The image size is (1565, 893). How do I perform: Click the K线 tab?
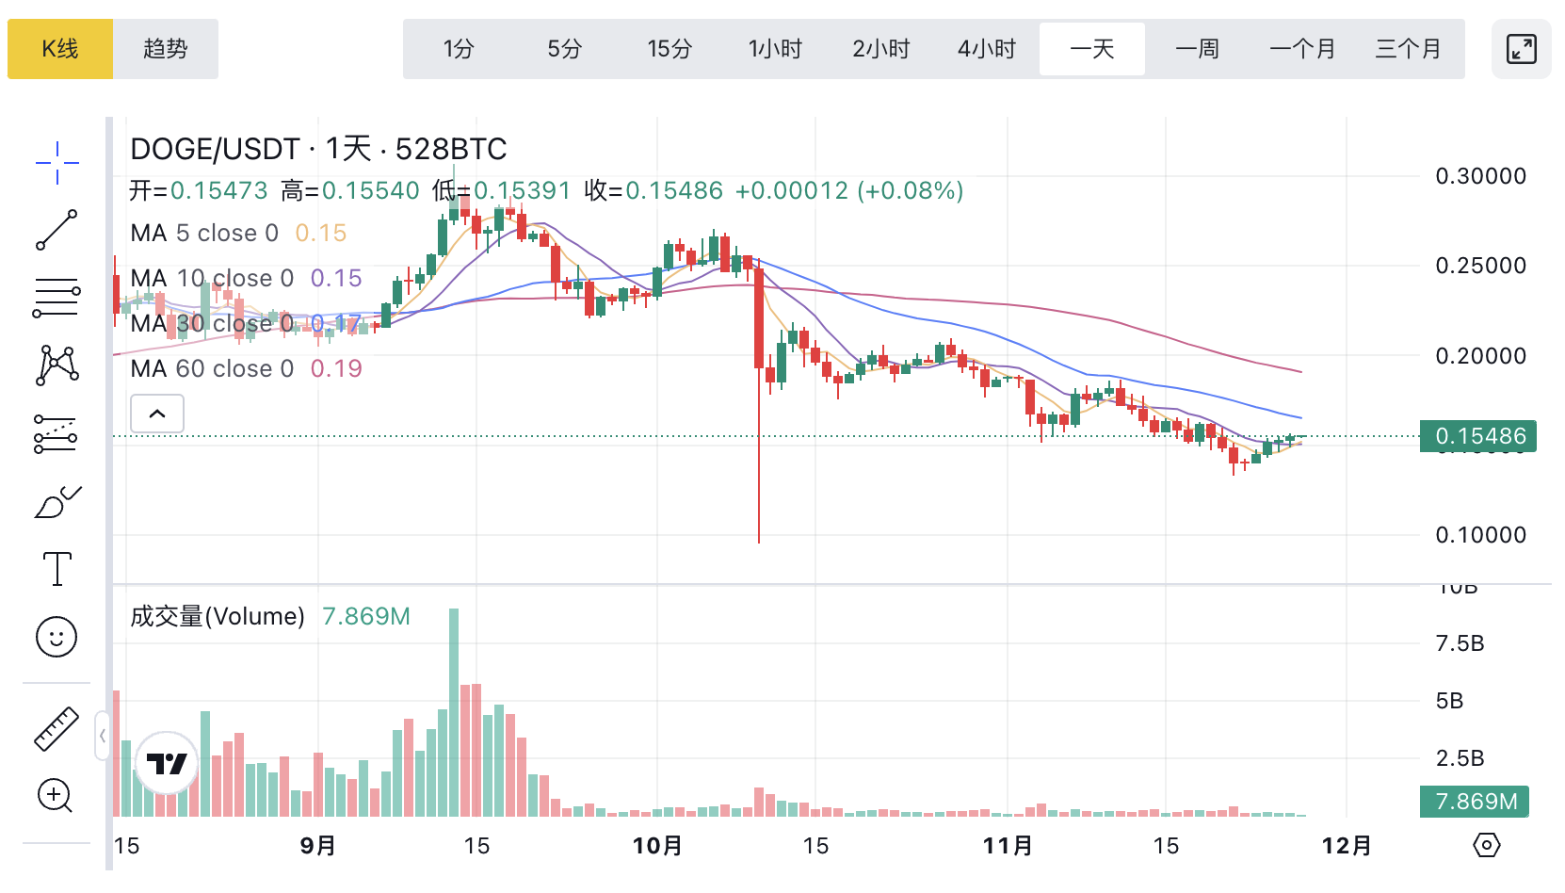pos(60,49)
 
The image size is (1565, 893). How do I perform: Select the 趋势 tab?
pos(166,49)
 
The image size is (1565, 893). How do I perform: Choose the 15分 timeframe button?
pos(670,49)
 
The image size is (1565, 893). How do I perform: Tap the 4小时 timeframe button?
pos(987,49)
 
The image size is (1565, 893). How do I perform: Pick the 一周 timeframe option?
pos(1198,49)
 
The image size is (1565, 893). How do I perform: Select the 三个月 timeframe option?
pos(1408,49)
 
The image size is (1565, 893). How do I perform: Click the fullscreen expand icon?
pos(1521,49)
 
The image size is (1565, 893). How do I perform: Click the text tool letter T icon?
pos(57,569)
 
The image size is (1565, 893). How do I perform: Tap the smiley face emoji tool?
pos(56,638)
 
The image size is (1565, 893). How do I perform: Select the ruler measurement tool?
pos(56,729)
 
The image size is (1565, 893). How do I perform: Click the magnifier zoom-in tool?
pos(55,796)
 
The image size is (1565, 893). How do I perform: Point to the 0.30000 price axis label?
pos(1480,176)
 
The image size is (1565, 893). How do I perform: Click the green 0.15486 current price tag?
pos(1478,436)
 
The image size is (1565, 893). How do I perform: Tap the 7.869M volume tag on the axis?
pos(1476,802)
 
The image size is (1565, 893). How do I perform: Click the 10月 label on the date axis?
pos(657,846)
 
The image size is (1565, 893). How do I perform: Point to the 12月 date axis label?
pos(1347,846)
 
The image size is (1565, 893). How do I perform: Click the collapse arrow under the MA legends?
pos(157,414)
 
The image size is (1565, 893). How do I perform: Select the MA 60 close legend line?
pos(246,368)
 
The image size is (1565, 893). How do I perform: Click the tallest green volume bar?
pos(454,712)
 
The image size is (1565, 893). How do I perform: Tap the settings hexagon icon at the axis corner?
pos(1486,845)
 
